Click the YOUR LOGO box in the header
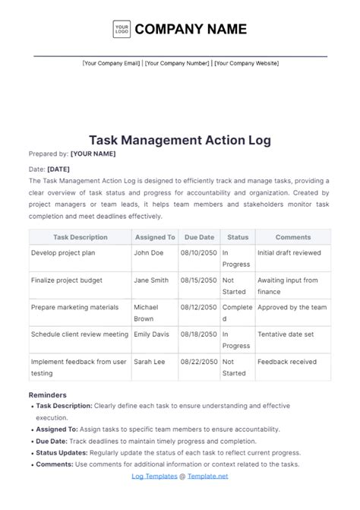[x=121, y=30]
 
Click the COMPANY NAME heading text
[x=191, y=30]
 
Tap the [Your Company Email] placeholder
[x=111, y=64]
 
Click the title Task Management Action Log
[x=180, y=140]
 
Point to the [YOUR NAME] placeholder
[x=93, y=154]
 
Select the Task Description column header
[x=80, y=237]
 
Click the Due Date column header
[x=200, y=237]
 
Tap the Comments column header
[x=292, y=237]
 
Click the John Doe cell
[x=150, y=252]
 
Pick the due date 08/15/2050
[x=200, y=280]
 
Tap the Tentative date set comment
[x=286, y=334]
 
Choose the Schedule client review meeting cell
[x=78, y=334]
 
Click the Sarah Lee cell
[x=150, y=362]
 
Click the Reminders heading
[x=47, y=395]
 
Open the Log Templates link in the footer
[x=154, y=476]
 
